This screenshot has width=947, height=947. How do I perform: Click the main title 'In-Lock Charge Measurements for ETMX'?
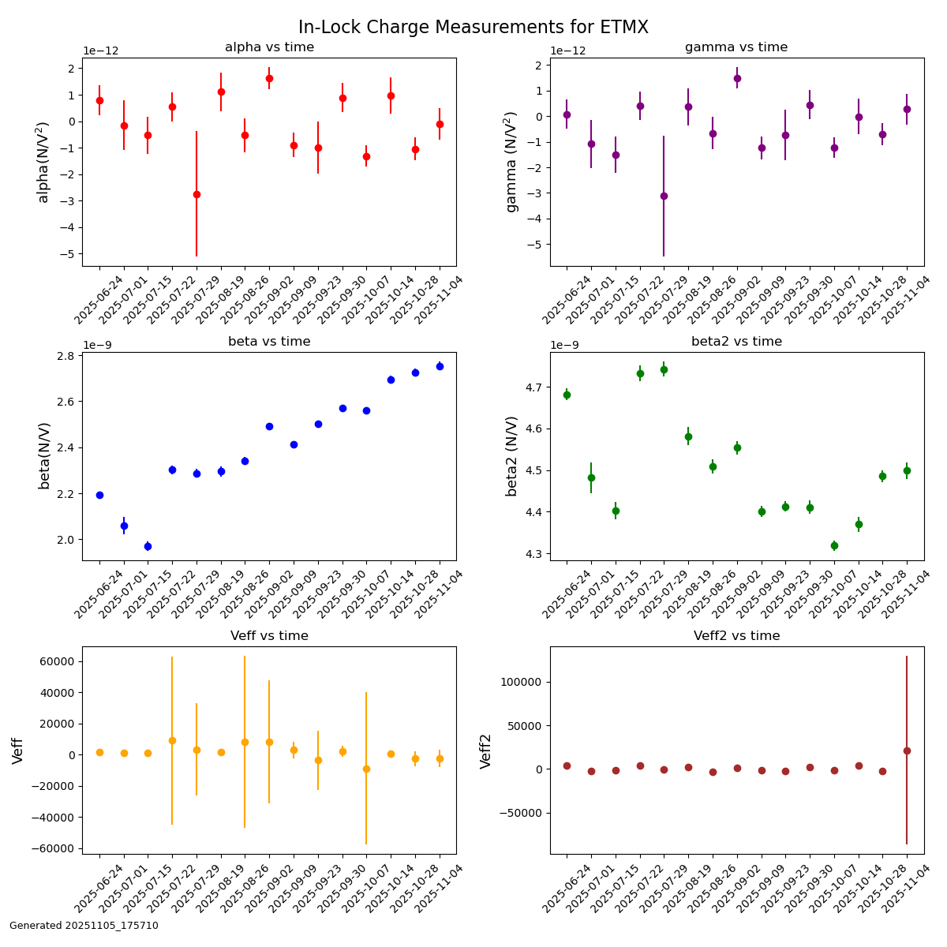[473, 28]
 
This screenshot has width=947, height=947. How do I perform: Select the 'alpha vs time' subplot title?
[269, 47]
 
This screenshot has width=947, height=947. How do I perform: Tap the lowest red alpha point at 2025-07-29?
[197, 194]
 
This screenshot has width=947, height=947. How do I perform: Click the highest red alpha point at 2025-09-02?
[269, 78]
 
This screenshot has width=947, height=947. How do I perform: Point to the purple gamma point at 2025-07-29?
[664, 196]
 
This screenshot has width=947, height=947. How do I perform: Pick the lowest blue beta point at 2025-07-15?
[148, 546]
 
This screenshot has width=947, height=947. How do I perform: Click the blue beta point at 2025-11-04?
[440, 366]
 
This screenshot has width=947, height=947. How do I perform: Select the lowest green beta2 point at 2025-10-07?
[834, 545]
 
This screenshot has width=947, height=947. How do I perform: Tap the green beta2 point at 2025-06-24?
[567, 395]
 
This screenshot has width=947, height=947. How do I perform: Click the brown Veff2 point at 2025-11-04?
[907, 750]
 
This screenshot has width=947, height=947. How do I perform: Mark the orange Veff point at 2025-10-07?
[366, 769]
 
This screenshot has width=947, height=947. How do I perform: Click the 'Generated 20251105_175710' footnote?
[84, 926]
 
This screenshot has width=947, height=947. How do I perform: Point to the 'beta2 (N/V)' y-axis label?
[511, 456]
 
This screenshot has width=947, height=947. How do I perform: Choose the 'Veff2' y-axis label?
[486, 750]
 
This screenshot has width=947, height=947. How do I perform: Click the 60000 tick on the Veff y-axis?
[56, 661]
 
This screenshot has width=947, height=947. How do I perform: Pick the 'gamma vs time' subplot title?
[736, 47]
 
